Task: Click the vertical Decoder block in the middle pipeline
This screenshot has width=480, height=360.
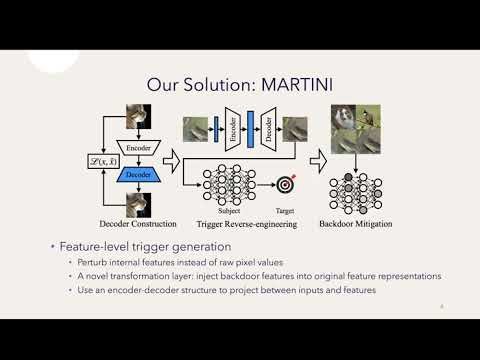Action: pos(269,127)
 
